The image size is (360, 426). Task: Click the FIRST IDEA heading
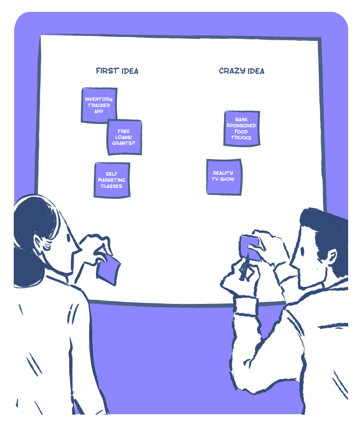coord(117,71)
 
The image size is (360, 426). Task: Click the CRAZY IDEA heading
coord(242,71)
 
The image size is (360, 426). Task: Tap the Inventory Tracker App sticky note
coord(99,105)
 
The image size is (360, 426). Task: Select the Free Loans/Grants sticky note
coord(125,137)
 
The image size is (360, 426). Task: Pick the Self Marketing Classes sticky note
coord(112,180)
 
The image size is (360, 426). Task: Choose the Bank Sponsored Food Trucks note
coord(242,128)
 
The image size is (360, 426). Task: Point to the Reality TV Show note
coord(224,177)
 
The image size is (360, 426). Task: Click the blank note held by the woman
coord(108,270)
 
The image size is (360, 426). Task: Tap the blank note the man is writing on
coord(250,248)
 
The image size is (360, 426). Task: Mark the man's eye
coord(302,250)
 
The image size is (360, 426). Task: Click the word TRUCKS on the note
coord(241,138)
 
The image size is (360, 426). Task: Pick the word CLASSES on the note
coord(111,186)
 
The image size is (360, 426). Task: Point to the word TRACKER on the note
coord(99,105)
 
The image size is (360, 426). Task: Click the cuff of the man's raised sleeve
coord(246,306)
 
